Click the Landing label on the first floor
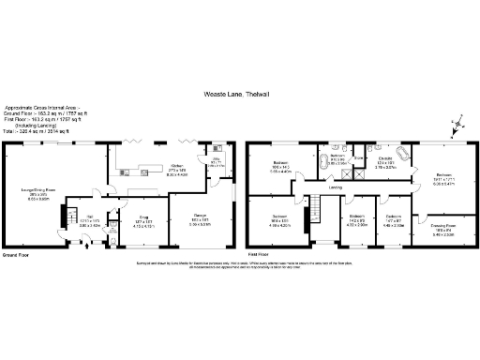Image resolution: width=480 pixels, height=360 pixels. click(x=335, y=187)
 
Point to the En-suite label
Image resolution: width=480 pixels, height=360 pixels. click(x=384, y=161)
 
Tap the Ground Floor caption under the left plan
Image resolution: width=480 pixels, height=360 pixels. click(x=17, y=254)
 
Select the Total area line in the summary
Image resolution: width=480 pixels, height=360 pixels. click(x=35, y=130)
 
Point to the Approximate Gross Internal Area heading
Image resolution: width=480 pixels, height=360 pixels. click(x=43, y=108)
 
